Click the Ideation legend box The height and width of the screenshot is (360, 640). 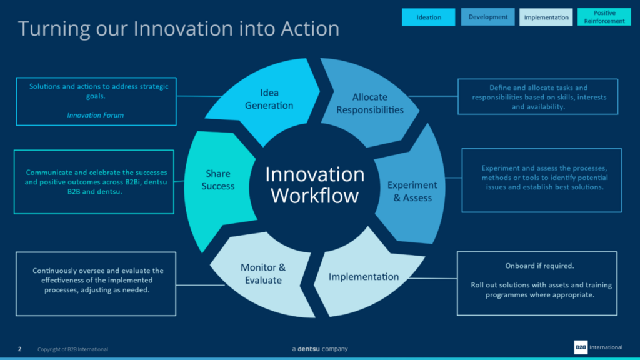pyautogui.click(x=428, y=17)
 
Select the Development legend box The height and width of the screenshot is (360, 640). pyautogui.click(x=487, y=17)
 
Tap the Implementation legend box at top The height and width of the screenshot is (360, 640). pyautogui.click(x=546, y=17)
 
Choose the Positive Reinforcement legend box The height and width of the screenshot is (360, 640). pyautogui.click(x=604, y=17)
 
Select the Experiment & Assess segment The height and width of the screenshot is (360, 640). pyautogui.click(x=409, y=191)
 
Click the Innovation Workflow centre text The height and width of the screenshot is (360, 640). pyautogui.click(x=314, y=184)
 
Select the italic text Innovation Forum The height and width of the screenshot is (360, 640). pyautogui.click(x=95, y=115)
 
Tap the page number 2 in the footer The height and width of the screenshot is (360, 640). pyautogui.click(x=19, y=349)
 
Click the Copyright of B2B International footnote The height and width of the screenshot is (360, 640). pyautogui.click(x=72, y=349)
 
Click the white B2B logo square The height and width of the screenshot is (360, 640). pyautogui.click(x=581, y=347)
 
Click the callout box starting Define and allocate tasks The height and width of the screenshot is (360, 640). pyautogui.click(x=537, y=97)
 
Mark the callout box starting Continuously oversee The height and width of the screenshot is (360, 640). pyautogui.click(x=96, y=284)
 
